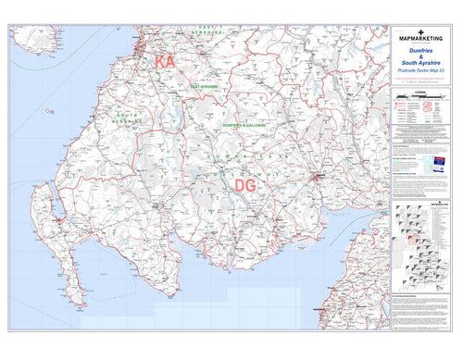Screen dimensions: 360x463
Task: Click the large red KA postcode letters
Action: tap(165, 63)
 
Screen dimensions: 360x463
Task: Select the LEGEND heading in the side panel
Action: tap(421, 91)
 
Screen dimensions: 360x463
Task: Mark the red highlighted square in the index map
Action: tap(415, 239)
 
